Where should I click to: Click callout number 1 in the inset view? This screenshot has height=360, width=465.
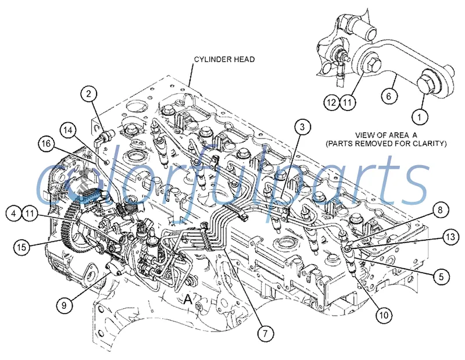[420, 117]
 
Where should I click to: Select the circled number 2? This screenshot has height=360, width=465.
[88, 94]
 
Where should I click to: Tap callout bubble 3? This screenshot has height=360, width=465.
[302, 127]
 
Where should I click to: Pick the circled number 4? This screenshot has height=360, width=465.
[13, 213]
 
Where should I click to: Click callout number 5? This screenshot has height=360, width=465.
[441, 277]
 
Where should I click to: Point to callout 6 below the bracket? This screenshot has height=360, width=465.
[389, 96]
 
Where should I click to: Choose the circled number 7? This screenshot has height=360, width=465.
[265, 334]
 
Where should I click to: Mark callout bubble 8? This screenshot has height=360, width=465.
[440, 210]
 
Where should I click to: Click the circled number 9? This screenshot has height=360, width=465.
[64, 305]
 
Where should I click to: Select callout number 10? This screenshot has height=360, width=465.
[384, 315]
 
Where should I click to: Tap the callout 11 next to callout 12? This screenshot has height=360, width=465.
[348, 102]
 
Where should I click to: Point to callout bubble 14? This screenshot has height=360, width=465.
[68, 130]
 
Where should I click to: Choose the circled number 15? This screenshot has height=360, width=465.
[22, 247]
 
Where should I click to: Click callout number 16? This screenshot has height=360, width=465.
[46, 144]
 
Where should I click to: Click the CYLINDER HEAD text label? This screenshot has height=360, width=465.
[224, 59]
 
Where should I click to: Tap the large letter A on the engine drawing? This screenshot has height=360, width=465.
[188, 300]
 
